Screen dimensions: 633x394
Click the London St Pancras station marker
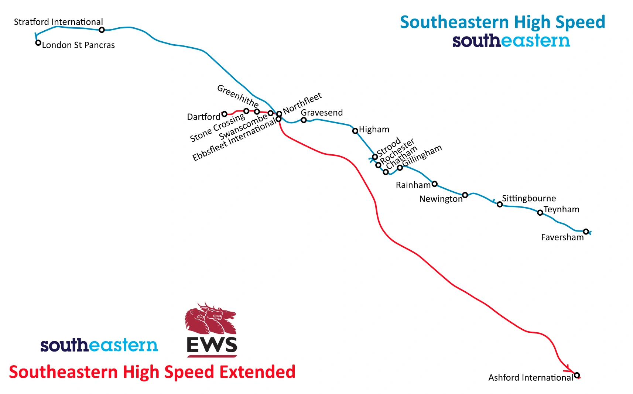pyautogui.click(x=38, y=43)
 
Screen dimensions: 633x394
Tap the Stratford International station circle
pyautogui.click(x=102, y=30)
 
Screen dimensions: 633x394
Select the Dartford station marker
pyautogui.click(x=224, y=114)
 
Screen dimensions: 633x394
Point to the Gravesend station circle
pyautogui.click(x=304, y=120)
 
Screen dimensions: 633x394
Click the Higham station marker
pyautogui.click(x=355, y=131)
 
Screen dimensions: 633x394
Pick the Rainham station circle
pyautogui.click(x=434, y=184)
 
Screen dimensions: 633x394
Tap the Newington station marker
pyautogui.click(x=465, y=195)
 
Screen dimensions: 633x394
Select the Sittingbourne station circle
pyautogui.click(x=499, y=204)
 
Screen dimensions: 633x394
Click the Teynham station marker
pyautogui.click(x=540, y=213)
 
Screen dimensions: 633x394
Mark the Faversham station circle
pyautogui.click(x=586, y=232)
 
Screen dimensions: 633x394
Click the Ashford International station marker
pyautogui.click(x=576, y=375)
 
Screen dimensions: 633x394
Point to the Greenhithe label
pyautogui.click(x=238, y=95)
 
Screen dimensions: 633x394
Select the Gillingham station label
pyautogui.click(x=422, y=155)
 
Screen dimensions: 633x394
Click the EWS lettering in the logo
pyautogui.click(x=212, y=346)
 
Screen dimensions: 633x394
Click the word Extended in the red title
pyautogui.click(x=257, y=372)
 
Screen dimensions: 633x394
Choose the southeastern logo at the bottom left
pyautogui.click(x=99, y=345)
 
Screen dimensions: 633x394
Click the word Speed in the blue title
pyautogui.click(x=580, y=22)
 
